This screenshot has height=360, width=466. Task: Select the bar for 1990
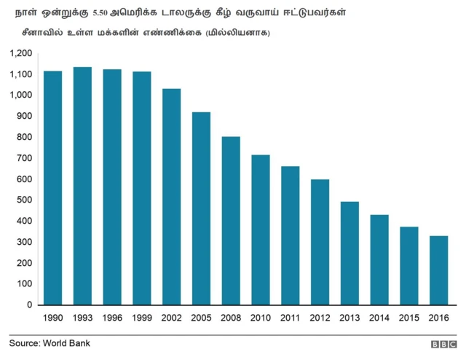(x=52, y=188)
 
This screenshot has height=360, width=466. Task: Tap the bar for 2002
(x=171, y=197)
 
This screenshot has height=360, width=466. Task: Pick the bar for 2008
(x=231, y=221)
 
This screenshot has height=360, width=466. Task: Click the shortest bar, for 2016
(x=438, y=270)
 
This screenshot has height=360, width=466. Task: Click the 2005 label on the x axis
(x=201, y=318)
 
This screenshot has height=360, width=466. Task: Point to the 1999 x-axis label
(x=141, y=318)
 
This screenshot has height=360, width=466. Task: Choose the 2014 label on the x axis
(x=379, y=318)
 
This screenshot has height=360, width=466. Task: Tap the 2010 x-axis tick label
(x=261, y=318)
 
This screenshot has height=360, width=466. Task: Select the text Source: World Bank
(x=50, y=343)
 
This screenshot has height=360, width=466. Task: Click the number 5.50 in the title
(x=103, y=13)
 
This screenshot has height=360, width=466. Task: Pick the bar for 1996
(x=112, y=187)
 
